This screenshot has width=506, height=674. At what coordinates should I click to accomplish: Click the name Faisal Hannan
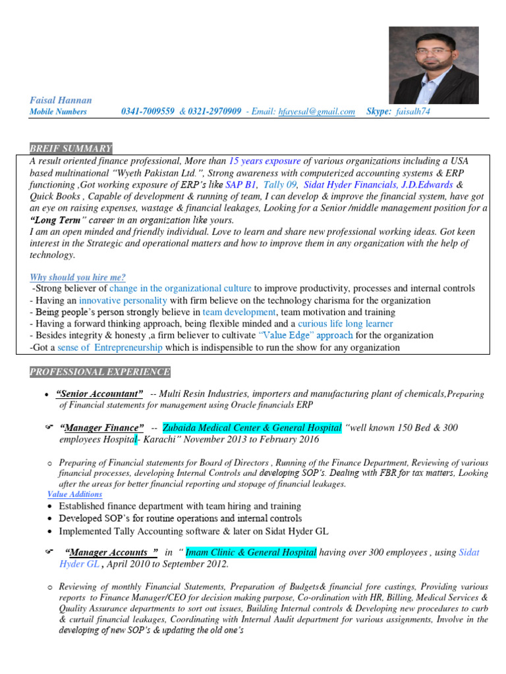61,100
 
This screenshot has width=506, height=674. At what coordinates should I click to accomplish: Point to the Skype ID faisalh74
413,112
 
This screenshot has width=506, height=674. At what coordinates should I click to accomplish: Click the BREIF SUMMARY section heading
71,148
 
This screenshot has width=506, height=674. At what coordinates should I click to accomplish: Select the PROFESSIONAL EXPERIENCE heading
99,373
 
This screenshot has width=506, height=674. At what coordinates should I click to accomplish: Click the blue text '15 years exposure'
265,161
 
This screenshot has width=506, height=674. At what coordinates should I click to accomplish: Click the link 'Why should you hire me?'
78,277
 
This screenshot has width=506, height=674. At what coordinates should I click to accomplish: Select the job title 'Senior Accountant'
100,394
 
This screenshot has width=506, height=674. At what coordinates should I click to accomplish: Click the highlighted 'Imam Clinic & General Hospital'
251,552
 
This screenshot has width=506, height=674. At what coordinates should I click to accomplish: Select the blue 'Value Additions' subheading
74,494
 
